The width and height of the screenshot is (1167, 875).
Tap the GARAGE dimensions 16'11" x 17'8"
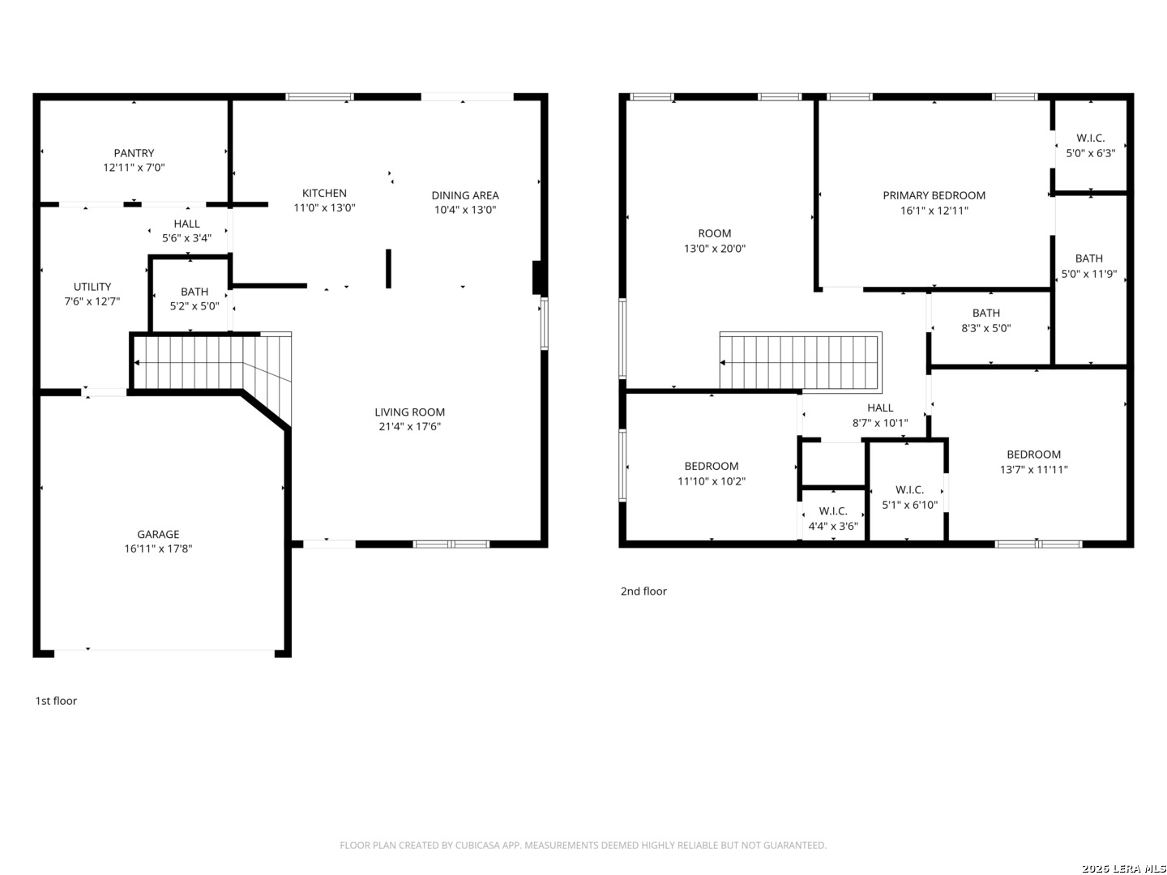(158, 548)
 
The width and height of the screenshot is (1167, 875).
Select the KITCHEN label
(324, 194)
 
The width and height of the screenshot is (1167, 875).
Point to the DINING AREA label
(465, 195)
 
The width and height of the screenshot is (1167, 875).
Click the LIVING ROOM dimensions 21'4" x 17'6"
(410, 427)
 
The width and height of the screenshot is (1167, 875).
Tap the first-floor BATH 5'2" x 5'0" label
(194, 299)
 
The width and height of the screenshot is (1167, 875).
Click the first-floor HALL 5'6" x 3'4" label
(186, 231)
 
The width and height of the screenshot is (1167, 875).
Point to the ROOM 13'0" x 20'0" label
(715, 241)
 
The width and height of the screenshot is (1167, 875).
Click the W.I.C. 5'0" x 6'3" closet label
(1091, 146)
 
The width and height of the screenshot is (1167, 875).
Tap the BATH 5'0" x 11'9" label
(1089, 267)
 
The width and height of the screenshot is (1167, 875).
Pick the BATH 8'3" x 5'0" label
(986, 321)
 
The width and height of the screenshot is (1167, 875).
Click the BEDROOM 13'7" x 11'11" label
(1033, 462)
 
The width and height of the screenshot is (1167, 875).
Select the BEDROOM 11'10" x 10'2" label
(712, 474)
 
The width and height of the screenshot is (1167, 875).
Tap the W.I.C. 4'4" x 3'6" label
(833, 519)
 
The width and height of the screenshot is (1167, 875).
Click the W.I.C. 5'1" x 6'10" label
(909, 497)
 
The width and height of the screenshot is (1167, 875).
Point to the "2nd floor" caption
(643, 591)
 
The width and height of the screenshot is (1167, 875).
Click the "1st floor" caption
(56, 702)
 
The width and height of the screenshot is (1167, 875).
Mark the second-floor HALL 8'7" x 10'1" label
(880, 416)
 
